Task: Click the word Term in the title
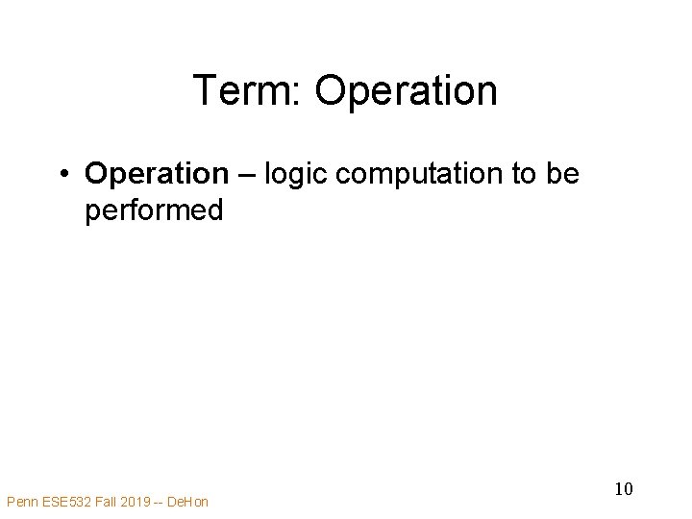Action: (244, 91)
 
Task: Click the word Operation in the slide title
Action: (406, 91)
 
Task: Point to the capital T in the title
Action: (205, 91)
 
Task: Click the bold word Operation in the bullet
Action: (155, 174)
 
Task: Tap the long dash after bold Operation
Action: (246, 175)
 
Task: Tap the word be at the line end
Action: (562, 174)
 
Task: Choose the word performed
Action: (154, 210)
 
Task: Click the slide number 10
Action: (623, 489)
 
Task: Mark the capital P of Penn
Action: (11, 501)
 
